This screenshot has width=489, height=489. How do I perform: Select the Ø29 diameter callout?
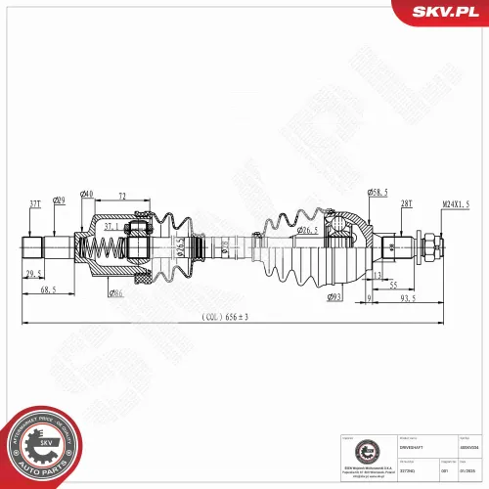point(60,202)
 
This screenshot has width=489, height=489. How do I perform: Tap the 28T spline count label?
point(405,202)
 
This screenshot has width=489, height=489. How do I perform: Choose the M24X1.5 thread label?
point(455,202)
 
